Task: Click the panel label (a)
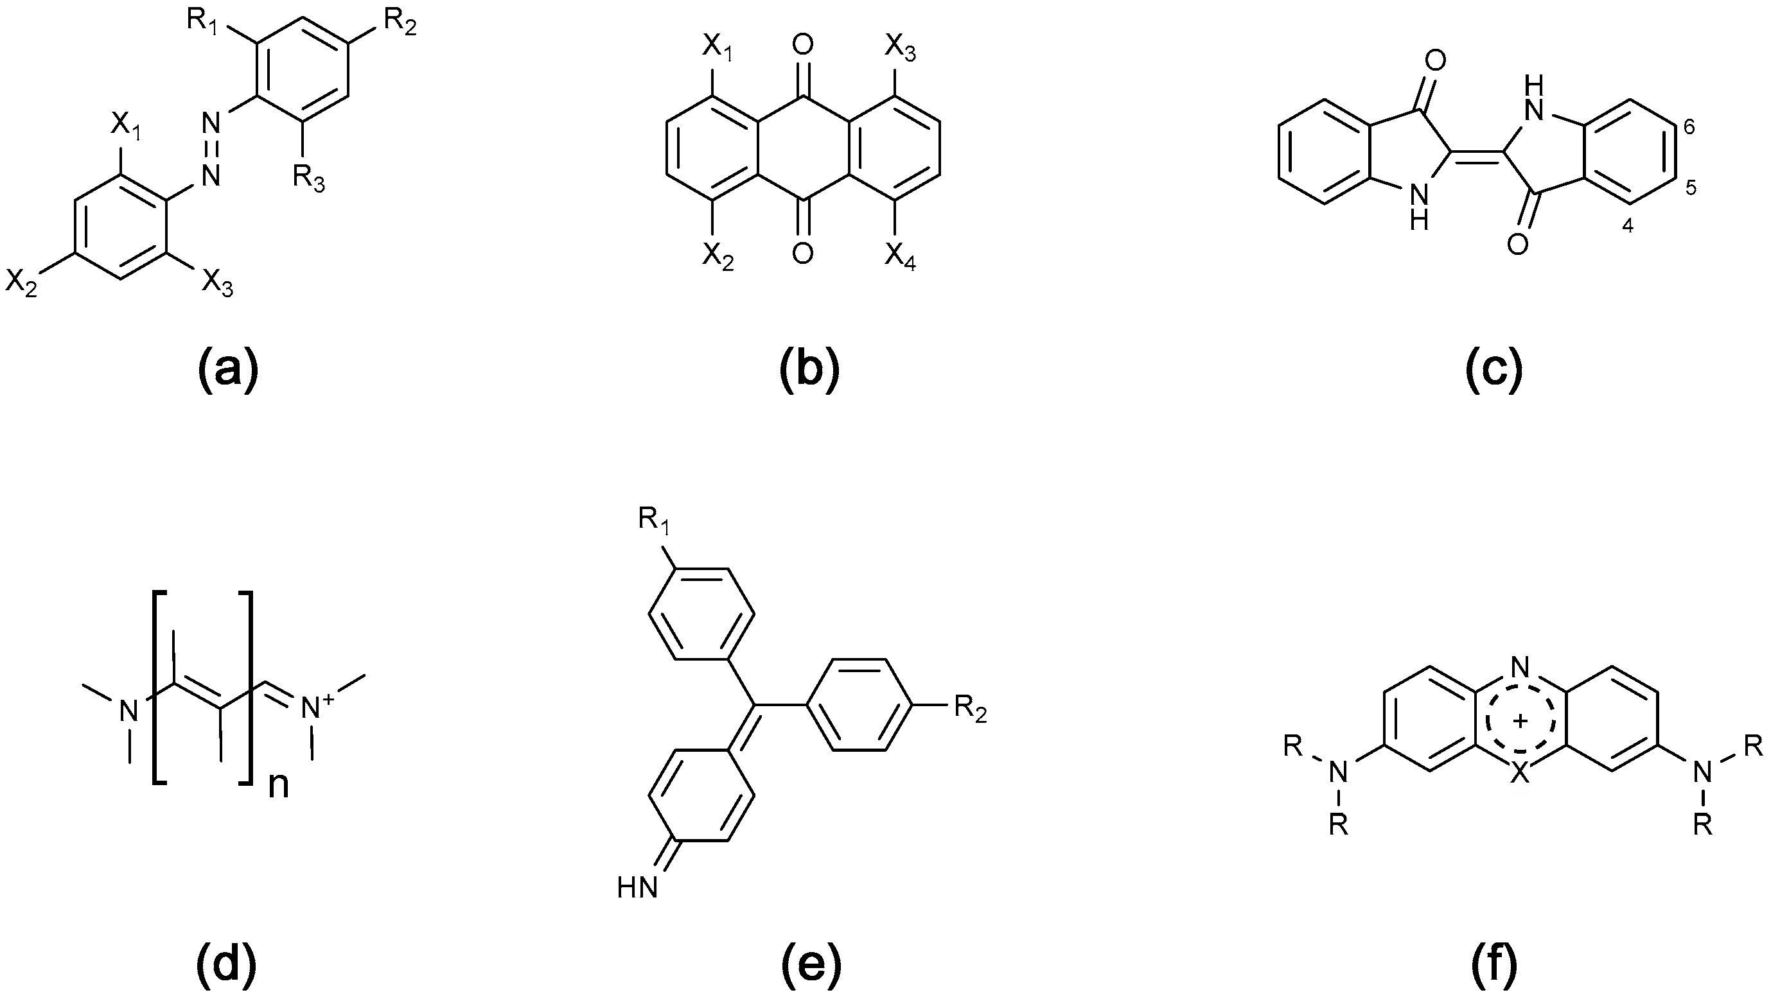(x=227, y=369)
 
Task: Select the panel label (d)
(x=226, y=962)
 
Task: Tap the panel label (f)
(x=1495, y=962)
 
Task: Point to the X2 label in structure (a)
(x=21, y=282)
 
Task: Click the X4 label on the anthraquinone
(x=900, y=257)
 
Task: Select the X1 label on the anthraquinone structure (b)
(x=717, y=48)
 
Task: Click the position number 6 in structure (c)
(x=1689, y=126)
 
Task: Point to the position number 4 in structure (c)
(x=1627, y=226)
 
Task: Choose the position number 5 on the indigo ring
(x=1691, y=187)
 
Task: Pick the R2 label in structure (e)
(x=970, y=712)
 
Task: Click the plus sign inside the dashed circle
(x=1520, y=721)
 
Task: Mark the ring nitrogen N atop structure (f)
(x=1520, y=666)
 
